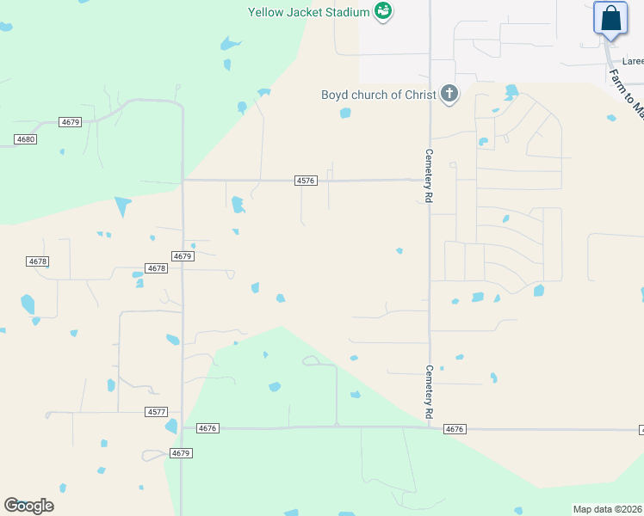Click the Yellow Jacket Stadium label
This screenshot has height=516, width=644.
pos(308,12)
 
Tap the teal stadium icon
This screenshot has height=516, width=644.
pos(383,11)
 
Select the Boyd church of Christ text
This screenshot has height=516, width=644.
pos(379,95)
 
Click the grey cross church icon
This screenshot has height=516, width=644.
pos(449,94)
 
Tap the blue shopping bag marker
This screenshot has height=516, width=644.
pos(610,18)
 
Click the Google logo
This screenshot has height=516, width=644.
pos(28,506)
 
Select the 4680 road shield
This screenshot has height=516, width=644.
pos(26,138)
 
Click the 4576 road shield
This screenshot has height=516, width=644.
pos(307,181)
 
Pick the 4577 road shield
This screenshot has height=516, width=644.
pos(156,413)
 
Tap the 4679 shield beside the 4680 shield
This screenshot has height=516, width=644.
pos(71,122)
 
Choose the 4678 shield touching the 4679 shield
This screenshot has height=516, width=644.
pos(156,268)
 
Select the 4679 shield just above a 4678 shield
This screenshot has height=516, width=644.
pos(182,256)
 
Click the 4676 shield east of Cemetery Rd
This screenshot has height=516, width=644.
pos(455,429)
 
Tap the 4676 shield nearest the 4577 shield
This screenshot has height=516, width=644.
pos(208,428)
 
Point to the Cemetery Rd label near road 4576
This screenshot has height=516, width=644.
pos(428,175)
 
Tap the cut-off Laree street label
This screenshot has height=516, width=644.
pos(633,61)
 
